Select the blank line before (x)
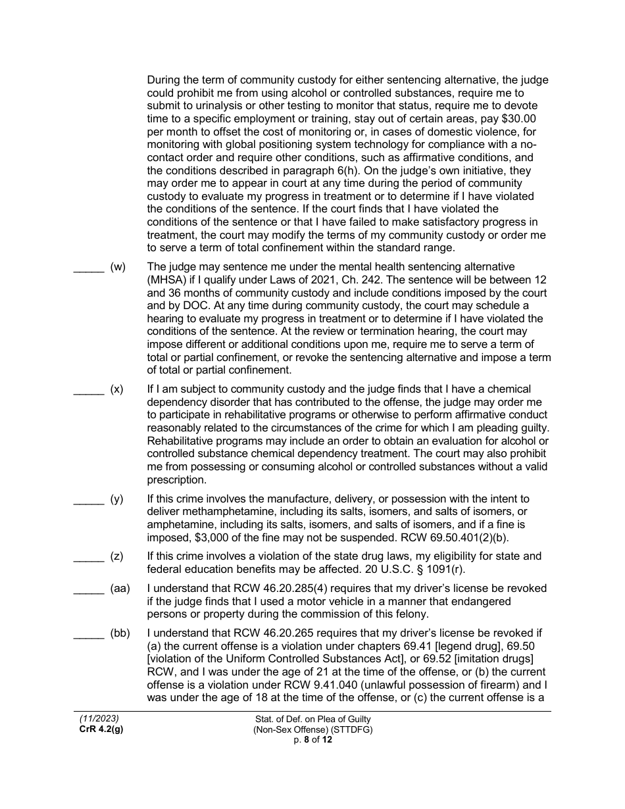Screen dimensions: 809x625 (x=88, y=389)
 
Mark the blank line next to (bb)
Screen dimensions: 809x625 (x=88, y=633)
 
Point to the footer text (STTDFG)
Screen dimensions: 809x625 (x=355, y=730)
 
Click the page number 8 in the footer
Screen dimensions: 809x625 (x=306, y=740)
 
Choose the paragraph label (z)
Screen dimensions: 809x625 (x=117, y=556)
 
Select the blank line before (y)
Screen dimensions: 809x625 (x=88, y=499)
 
